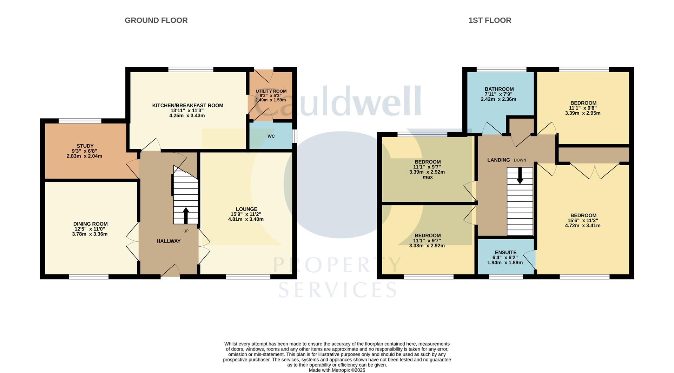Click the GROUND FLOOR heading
coord(156,20)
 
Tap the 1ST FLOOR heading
coord(490,20)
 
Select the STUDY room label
coord(85,146)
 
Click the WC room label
coord(271,136)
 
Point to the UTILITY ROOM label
coord(271,91)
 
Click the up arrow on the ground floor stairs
coord(186,215)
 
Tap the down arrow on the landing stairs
coord(520,175)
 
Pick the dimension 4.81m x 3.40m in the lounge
coord(246,219)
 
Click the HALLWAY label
coord(168,241)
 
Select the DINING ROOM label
coord(91,224)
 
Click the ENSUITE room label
coord(505,252)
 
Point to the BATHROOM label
coord(499,89)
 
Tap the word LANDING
coord(498,160)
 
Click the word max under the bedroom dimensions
coord(428,177)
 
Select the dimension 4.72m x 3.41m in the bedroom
coord(583,226)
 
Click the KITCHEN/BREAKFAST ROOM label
coord(187,105)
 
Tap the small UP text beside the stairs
coord(186,231)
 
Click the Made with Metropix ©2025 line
coord(337,370)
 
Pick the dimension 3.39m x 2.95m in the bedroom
coord(583,113)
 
